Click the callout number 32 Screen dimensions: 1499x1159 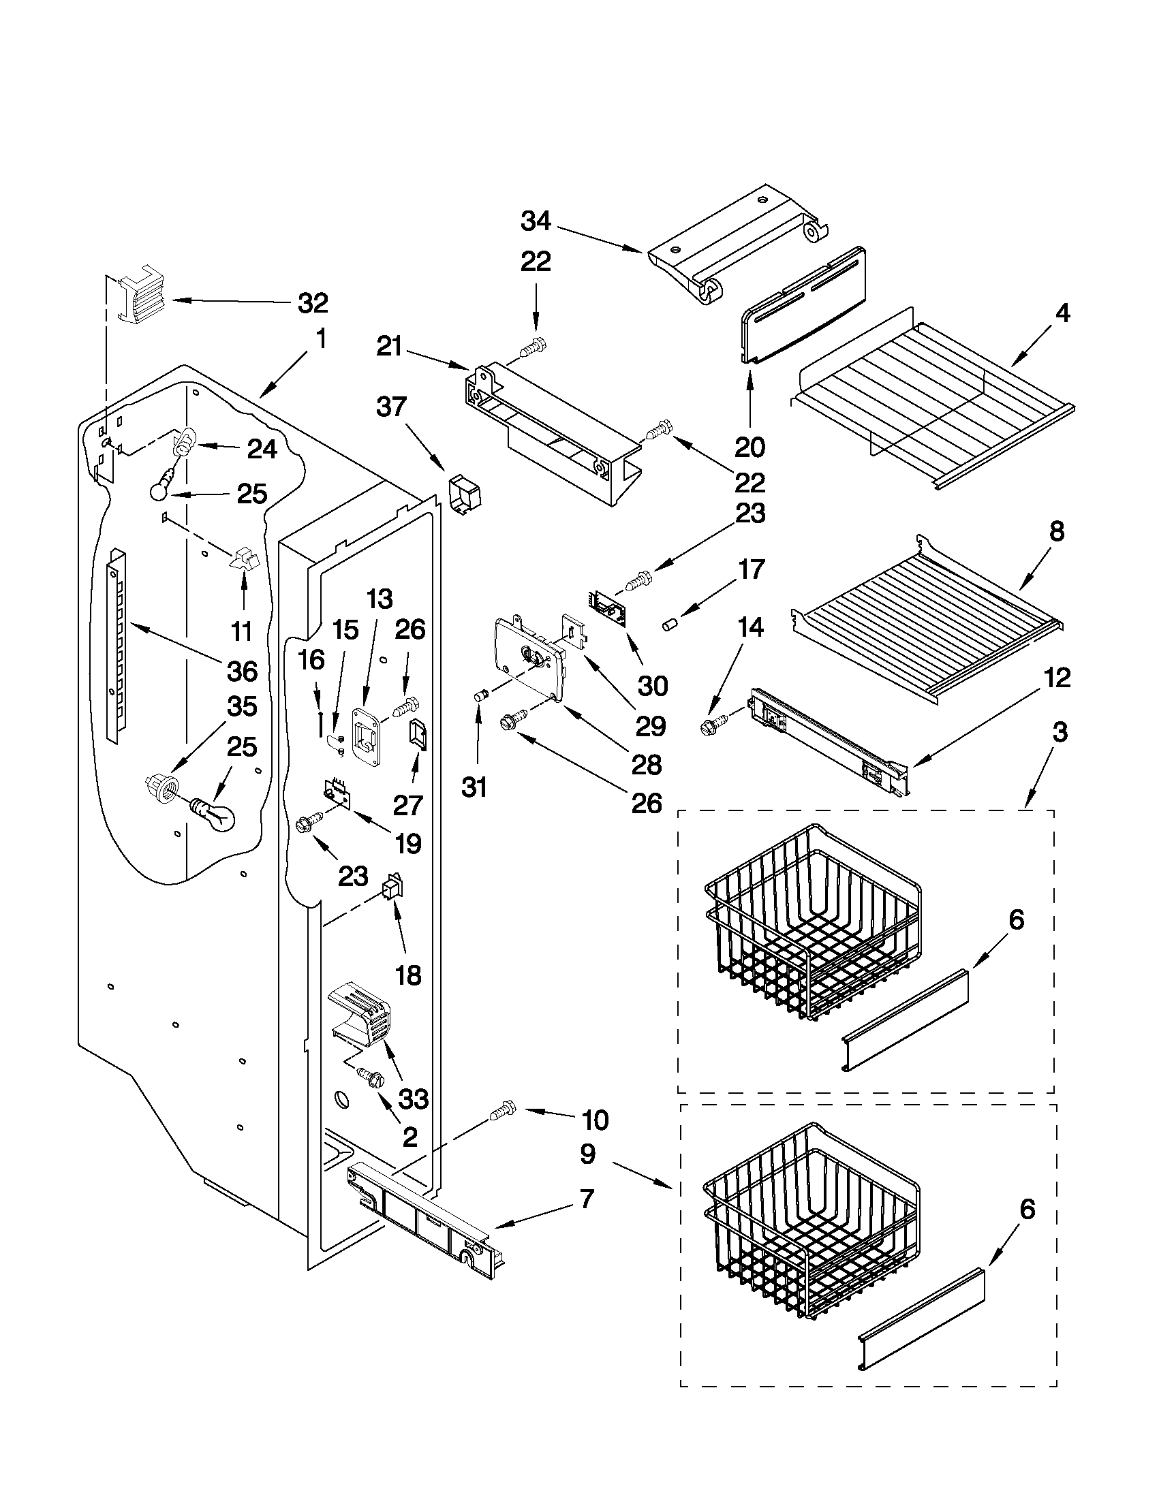(313, 302)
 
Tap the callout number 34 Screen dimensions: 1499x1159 (536, 221)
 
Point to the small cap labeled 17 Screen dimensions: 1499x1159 (669, 624)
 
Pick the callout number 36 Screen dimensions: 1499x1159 (243, 671)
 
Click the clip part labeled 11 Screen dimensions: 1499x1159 (244, 559)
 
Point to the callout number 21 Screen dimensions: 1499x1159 (389, 347)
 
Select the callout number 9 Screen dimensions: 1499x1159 (587, 1154)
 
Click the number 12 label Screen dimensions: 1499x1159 (1057, 678)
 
